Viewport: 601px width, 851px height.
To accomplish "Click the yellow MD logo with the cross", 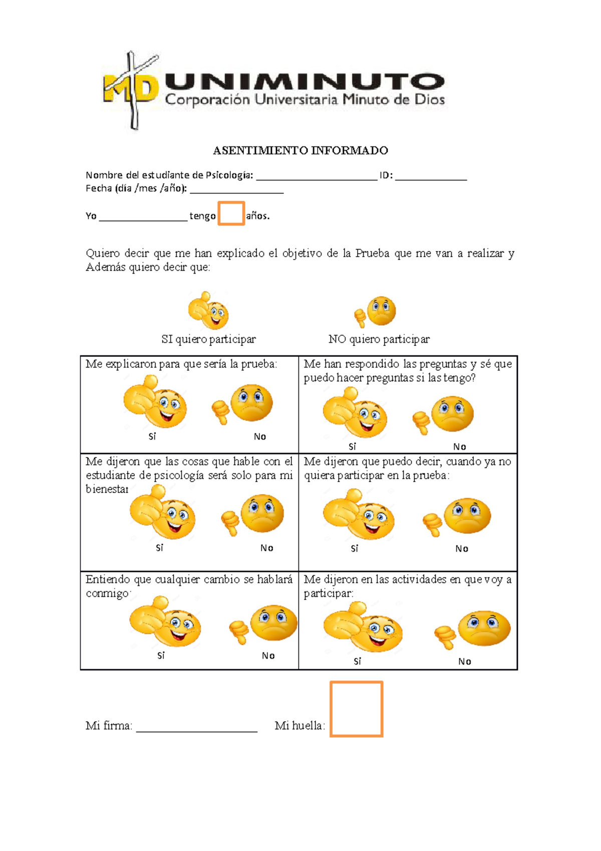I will (131, 89).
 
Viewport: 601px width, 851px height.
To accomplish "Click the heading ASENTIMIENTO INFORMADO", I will (300, 150).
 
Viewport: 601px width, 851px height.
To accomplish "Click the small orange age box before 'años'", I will (231, 214).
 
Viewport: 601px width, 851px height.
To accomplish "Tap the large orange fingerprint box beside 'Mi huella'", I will (356, 709).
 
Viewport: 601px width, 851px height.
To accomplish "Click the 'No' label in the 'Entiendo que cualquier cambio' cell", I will (268, 656).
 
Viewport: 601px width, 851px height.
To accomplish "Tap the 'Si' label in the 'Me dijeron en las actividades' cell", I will (357, 662).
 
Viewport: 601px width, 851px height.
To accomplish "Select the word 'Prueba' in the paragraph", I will (372, 253).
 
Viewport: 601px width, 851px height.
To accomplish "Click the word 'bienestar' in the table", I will (107, 489).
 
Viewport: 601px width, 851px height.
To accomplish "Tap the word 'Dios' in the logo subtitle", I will (430, 99).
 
